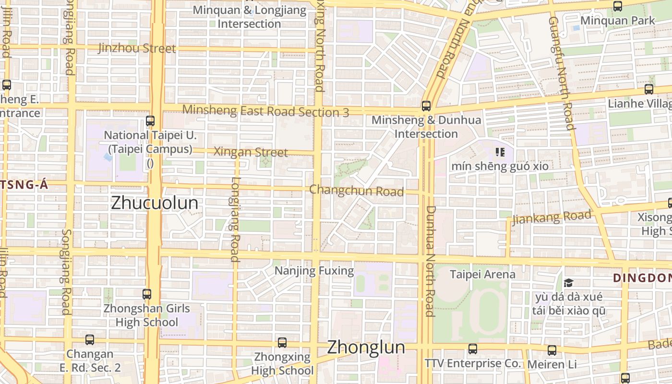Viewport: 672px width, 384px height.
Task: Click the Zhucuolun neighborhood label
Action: click(x=154, y=203)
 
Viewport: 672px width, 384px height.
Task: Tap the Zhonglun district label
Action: click(x=366, y=348)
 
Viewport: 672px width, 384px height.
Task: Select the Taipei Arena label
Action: click(x=482, y=274)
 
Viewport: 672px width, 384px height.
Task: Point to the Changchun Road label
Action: click(x=356, y=191)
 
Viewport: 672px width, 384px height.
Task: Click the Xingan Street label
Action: click(x=251, y=152)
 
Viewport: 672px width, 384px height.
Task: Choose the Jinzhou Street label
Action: click(x=137, y=48)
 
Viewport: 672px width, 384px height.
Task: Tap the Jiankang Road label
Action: click(x=552, y=217)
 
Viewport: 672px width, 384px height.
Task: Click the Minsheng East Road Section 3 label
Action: click(x=265, y=111)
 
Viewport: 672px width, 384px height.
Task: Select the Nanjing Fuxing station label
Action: click(x=314, y=271)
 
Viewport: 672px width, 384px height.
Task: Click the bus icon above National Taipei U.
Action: click(x=150, y=121)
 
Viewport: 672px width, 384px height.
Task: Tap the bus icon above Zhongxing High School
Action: click(x=282, y=343)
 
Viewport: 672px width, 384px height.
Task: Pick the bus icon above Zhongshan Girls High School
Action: click(x=147, y=294)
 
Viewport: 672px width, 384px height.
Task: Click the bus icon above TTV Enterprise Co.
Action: click(x=473, y=349)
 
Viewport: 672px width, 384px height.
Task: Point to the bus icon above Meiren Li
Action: click(x=552, y=350)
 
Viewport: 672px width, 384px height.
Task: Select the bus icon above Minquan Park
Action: click(x=618, y=6)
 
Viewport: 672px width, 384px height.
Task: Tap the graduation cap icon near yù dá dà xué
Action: click(x=569, y=282)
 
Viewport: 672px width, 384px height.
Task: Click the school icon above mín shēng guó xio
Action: click(x=500, y=152)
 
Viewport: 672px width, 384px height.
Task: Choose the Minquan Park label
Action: click(x=618, y=21)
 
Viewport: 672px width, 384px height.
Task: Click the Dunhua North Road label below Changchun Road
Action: click(x=430, y=262)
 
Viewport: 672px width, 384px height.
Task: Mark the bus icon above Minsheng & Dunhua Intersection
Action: click(x=426, y=106)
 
